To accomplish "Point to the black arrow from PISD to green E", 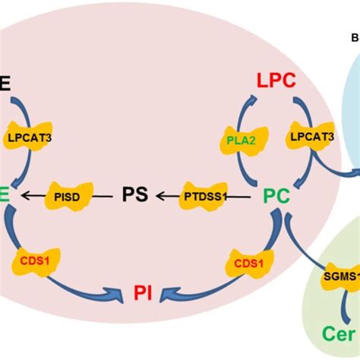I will [x=33, y=196].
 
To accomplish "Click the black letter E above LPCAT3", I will [x=6, y=83].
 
